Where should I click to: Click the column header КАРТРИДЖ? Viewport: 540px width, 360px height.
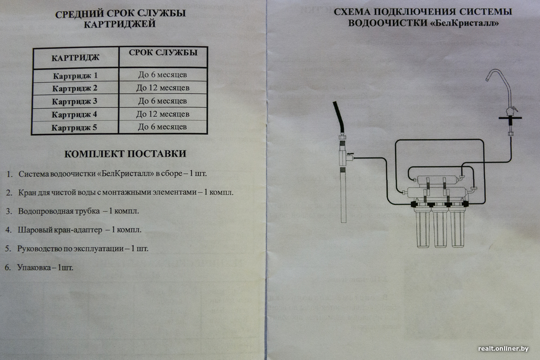(x=76, y=58)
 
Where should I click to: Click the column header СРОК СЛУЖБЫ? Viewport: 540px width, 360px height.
(x=163, y=52)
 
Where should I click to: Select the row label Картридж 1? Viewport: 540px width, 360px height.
(x=75, y=76)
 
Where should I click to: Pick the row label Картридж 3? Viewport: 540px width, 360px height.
(x=75, y=102)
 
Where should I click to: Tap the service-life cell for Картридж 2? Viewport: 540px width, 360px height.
(x=162, y=88)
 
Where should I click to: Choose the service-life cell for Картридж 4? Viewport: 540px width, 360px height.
(x=162, y=114)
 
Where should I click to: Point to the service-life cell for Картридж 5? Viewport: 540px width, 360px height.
(x=162, y=127)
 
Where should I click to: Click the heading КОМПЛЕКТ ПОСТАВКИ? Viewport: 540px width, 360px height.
(x=125, y=154)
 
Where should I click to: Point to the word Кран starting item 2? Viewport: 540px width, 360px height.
(x=27, y=192)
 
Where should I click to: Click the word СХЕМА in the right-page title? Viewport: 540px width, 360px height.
(x=351, y=12)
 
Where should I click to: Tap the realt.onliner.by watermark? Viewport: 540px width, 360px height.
(x=503, y=349)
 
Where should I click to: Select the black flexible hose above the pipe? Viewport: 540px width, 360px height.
(x=339, y=118)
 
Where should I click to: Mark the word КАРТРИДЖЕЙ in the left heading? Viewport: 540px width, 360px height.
(x=119, y=24)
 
